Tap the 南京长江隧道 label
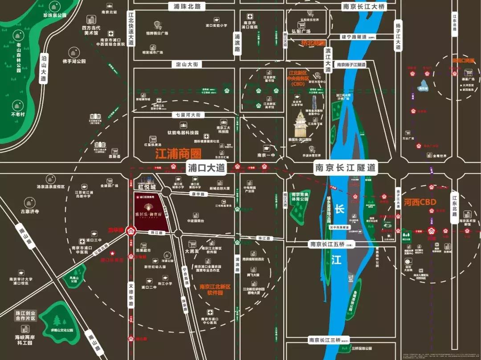click(346, 168)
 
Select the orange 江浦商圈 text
click(178, 154)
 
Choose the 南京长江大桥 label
click(363, 6)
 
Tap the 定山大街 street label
click(187, 65)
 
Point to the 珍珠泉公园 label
click(54, 16)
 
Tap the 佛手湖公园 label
click(74, 61)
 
